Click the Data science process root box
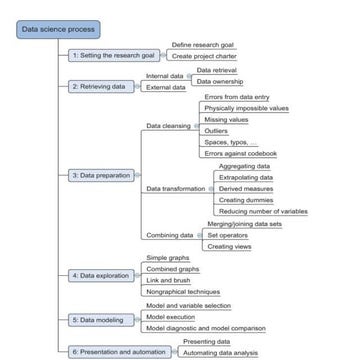[59, 30]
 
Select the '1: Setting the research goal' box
[112, 56]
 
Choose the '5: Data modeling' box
[100, 320]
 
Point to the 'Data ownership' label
[219, 81]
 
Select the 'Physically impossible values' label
[246, 107]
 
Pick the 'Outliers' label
[216, 131]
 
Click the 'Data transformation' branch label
[174, 188]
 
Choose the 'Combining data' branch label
[169, 235]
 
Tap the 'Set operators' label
[226, 235]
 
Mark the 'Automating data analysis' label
[221, 352]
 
